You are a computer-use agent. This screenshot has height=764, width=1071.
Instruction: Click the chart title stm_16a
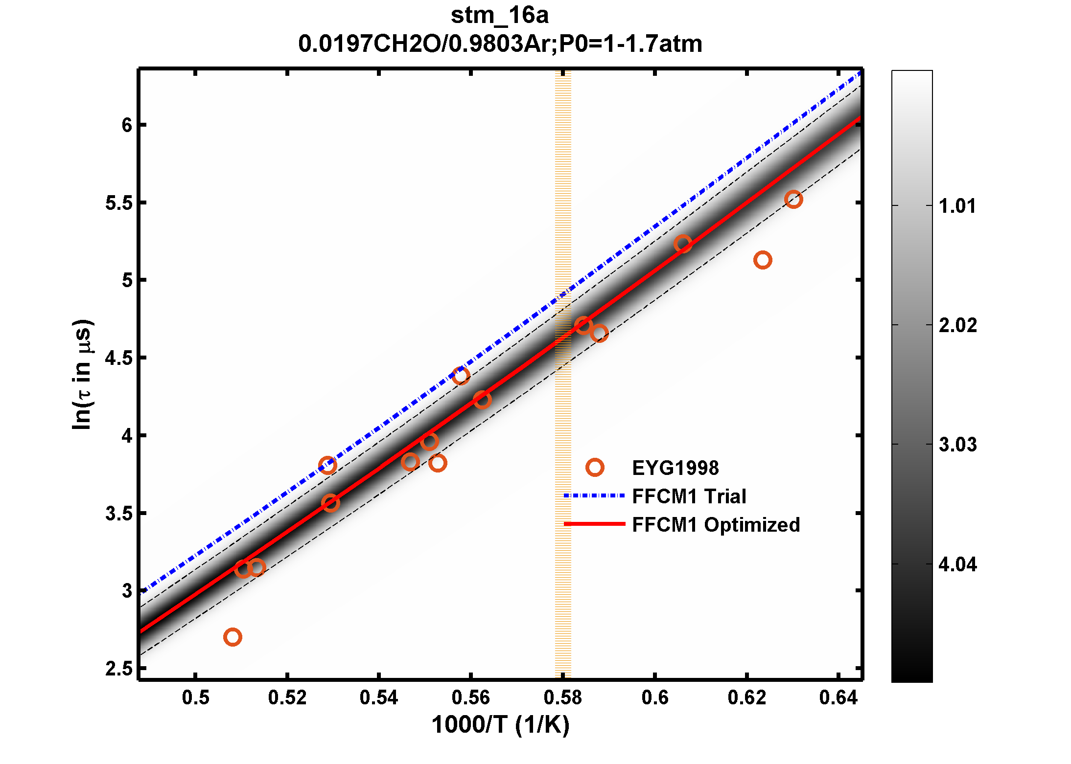[x=499, y=16]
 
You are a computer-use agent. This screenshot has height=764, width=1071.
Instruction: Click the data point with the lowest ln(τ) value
[x=233, y=637]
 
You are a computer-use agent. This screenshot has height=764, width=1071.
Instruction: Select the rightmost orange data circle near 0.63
[x=793, y=199]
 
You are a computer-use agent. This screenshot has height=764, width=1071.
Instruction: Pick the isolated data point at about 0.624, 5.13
[x=763, y=260]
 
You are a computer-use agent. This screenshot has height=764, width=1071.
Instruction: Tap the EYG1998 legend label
[x=675, y=468]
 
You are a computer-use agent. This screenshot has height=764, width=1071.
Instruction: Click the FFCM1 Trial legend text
[x=689, y=496]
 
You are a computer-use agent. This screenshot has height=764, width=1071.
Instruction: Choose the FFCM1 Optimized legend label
[x=716, y=525]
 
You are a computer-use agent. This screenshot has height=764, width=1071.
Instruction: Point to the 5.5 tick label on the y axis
[x=119, y=203]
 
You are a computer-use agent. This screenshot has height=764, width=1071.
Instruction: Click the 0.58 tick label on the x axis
[x=562, y=697]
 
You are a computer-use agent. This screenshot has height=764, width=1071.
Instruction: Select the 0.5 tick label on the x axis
[x=195, y=697]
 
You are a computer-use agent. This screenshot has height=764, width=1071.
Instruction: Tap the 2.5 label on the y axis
[x=119, y=669]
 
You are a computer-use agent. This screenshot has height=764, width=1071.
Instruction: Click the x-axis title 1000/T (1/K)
[x=500, y=725]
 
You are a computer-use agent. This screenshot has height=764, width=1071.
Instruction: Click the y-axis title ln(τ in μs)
[x=82, y=374]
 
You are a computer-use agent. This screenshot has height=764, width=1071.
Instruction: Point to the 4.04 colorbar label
[x=957, y=564]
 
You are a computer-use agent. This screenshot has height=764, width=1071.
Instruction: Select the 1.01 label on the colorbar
[x=957, y=206]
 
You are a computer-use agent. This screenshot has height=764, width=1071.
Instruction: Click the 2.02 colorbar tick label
[x=957, y=325]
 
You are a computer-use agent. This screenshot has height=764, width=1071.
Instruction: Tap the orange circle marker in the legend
[x=594, y=468]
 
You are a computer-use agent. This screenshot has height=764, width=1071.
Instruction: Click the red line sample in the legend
[x=594, y=524]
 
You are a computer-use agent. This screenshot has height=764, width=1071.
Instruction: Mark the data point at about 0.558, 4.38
[x=461, y=376]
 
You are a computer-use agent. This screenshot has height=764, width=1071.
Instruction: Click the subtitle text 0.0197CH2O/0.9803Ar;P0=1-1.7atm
[x=500, y=44]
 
